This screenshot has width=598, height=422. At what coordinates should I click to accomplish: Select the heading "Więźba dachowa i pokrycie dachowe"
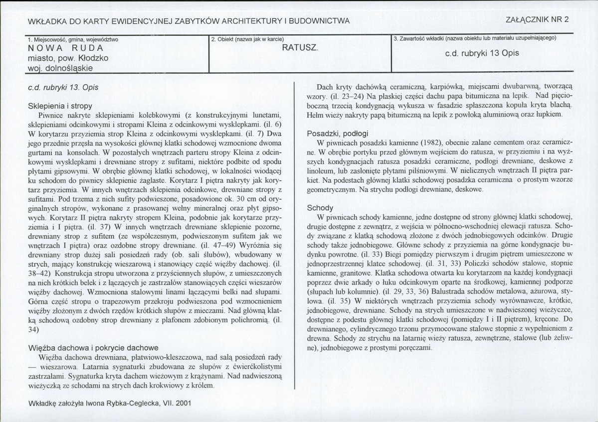(x=93, y=347)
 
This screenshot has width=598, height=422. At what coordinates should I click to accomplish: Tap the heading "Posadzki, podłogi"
(x=338, y=133)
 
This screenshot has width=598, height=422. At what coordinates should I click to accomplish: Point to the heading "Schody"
(x=320, y=208)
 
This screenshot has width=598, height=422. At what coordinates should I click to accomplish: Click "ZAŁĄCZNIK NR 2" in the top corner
(x=538, y=20)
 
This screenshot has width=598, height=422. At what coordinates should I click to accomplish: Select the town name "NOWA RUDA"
(x=66, y=48)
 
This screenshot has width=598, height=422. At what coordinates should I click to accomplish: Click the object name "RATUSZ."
(x=300, y=48)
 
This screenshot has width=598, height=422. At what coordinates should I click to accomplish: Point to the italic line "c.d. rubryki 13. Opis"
(x=63, y=87)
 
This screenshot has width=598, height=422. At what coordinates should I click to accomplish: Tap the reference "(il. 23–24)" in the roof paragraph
(x=342, y=95)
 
